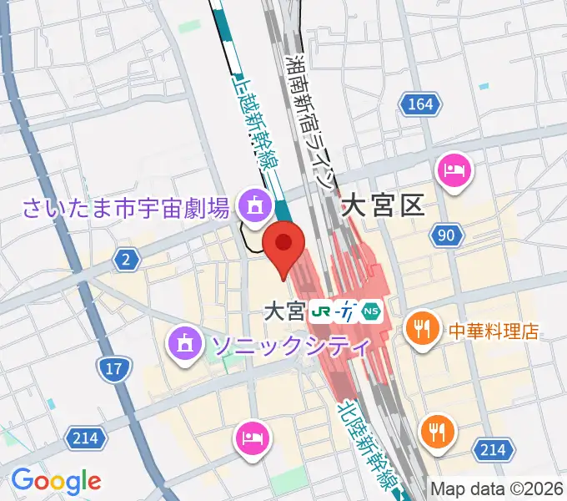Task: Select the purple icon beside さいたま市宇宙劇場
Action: click(251, 203)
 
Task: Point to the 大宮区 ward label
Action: click(384, 205)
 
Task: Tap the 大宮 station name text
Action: click(283, 311)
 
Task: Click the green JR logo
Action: click(319, 312)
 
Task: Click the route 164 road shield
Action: click(421, 104)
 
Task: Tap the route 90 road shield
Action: click(446, 235)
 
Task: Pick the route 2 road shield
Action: click(126, 261)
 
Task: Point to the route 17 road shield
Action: click(111, 366)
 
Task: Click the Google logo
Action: click(56, 480)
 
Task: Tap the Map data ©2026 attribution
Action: click(497, 488)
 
